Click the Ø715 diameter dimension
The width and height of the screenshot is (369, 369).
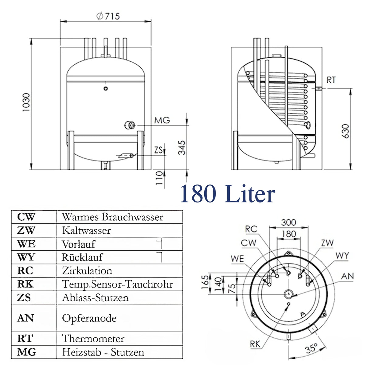108,16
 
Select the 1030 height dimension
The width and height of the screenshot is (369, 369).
26,102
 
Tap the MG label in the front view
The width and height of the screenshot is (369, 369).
162,120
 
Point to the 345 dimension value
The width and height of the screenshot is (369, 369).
181,147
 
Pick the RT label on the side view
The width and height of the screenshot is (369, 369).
331,80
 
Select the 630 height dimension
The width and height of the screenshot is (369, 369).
346,131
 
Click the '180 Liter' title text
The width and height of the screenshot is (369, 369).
227,194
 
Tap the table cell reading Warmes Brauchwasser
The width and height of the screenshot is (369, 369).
112,217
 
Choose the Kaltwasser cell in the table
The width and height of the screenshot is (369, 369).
86,230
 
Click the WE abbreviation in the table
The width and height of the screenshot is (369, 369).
26,244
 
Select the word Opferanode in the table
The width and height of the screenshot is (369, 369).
89,318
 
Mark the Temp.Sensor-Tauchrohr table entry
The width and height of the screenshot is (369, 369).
117,284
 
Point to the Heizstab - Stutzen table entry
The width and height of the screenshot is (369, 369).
103,352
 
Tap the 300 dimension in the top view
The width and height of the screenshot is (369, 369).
288,222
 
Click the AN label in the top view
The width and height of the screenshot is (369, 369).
347,276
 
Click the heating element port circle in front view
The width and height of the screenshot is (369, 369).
130,125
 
